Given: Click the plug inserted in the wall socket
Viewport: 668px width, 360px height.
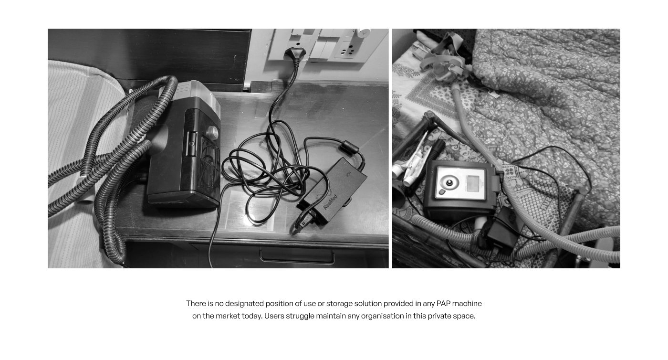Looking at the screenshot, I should (290, 53).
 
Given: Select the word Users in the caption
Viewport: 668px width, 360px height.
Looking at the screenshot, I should (274, 316).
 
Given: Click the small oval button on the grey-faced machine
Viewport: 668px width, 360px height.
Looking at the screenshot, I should (442, 192).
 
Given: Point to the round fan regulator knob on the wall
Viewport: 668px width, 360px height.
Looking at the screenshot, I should (363, 32).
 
